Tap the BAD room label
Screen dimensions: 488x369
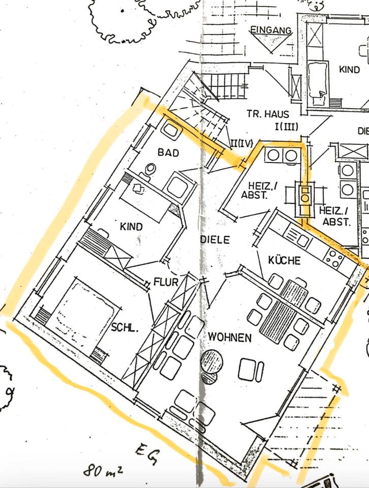pyautogui.click(x=168, y=151)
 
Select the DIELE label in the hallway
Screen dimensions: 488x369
pyautogui.click(x=215, y=239)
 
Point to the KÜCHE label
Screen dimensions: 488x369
pyautogui.click(x=284, y=260)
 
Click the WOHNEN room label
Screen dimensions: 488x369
pyautogui.click(x=229, y=337)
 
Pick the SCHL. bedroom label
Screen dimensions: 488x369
pyautogui.click(x=125, y=328)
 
